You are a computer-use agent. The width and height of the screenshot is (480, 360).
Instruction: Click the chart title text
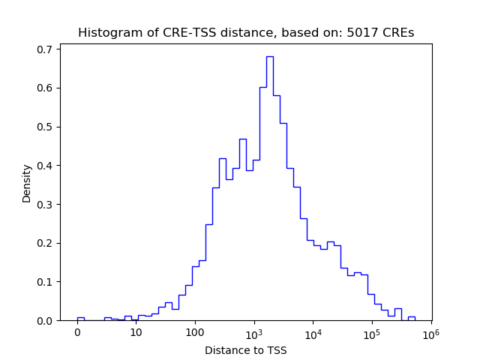(246, 33)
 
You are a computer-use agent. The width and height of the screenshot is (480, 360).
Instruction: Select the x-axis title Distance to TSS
(246, 350)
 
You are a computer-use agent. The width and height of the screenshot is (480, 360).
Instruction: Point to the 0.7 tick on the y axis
(46, 49)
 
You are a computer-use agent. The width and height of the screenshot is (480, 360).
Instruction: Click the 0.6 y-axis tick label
(46, 88)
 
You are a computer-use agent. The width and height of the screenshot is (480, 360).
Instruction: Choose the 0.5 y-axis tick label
(46, 127)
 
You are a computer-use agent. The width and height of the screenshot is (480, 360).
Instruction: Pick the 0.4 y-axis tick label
(46, 166)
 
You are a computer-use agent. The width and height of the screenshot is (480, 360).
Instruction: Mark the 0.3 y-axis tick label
(46, 205)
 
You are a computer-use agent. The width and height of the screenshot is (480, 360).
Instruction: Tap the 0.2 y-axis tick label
(46, 243)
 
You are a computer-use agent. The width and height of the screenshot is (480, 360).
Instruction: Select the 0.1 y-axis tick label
(46, 282)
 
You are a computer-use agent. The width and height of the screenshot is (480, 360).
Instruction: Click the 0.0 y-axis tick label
(46, 321)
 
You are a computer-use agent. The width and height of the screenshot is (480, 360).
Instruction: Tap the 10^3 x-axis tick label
(254, 332)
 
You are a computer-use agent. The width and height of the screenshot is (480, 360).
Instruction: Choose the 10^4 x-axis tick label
(313, 332)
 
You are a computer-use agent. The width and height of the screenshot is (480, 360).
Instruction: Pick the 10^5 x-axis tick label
(372, 332)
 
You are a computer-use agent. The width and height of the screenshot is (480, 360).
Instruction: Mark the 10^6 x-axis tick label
(430, 332)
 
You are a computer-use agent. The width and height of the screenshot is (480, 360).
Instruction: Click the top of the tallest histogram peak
(269, 56)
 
